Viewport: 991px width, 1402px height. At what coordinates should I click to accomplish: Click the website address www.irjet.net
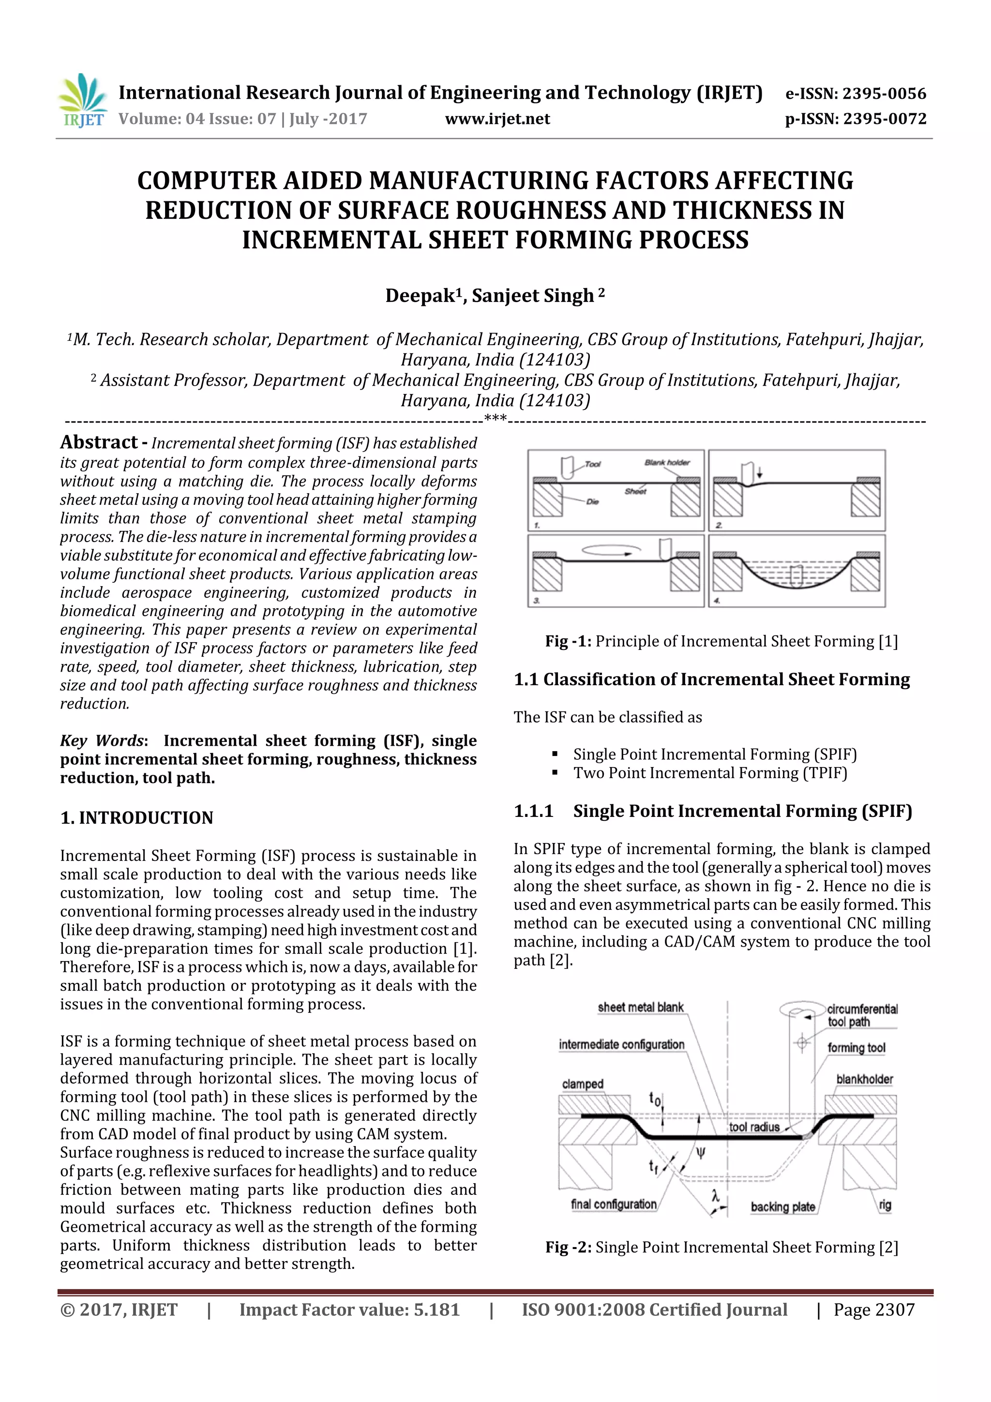(x=497, y=119)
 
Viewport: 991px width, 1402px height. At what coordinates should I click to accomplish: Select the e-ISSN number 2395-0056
(x=884, y=93)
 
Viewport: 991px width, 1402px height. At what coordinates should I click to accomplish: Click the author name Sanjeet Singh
(x=532, y=296)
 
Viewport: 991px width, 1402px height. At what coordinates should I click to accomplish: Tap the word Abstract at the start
(x=99, y=442)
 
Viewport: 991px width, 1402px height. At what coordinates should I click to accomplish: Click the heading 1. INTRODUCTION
(x=137, y=817)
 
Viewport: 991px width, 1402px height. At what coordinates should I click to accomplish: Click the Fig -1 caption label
(x=568, y=641)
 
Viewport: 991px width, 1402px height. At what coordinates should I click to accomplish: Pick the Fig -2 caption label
(x=568, y=1247)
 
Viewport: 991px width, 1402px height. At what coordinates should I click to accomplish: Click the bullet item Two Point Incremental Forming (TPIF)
(x=709, y=773)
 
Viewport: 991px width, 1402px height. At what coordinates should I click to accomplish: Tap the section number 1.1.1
(x=533, y=811)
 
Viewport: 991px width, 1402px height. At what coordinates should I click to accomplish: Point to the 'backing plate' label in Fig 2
(x=783, y=1206)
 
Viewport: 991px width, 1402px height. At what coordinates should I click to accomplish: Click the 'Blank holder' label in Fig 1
(x=667, y=462)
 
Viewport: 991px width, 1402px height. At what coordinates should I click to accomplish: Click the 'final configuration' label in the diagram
(x=613, y=1204)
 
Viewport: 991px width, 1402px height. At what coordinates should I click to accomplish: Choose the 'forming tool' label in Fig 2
(x=856, y=1048)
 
